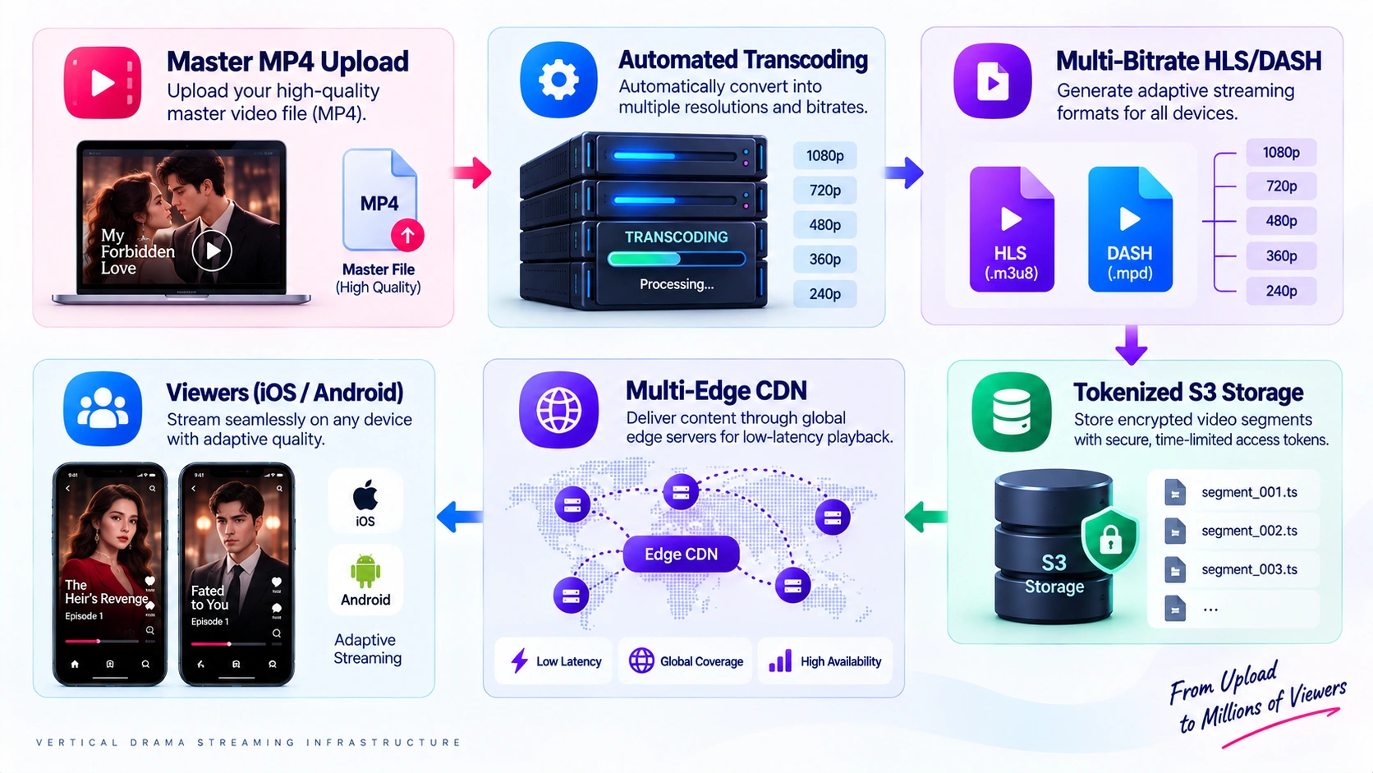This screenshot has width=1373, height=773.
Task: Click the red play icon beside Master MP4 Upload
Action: coord(103,82)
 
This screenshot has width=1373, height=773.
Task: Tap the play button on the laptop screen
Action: coord(212,250)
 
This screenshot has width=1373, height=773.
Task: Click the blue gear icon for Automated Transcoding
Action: coord(558,80)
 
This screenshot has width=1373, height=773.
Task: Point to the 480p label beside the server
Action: coord(824,225)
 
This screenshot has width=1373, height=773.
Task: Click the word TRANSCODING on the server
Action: coord(676,237)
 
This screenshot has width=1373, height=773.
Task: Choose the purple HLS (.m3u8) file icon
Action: coord(1012,229)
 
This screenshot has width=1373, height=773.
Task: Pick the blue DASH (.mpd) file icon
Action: coord(1130,229)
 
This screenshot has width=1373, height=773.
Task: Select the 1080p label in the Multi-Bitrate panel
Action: coord(1281,153)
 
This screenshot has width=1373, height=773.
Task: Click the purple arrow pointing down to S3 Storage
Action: coord(1132,344)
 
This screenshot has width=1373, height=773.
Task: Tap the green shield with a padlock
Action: coord(1110,539)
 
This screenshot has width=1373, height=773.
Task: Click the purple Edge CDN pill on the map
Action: coord(681,554)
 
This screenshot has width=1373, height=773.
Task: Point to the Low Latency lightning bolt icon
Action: coord(519,660)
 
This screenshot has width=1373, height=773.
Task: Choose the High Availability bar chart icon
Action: coord(780,660)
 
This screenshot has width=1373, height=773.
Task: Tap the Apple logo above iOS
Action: coord(365,495)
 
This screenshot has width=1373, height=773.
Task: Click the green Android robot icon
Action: coord(365,571)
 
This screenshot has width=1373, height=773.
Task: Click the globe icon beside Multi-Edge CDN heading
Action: coord(558,409)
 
